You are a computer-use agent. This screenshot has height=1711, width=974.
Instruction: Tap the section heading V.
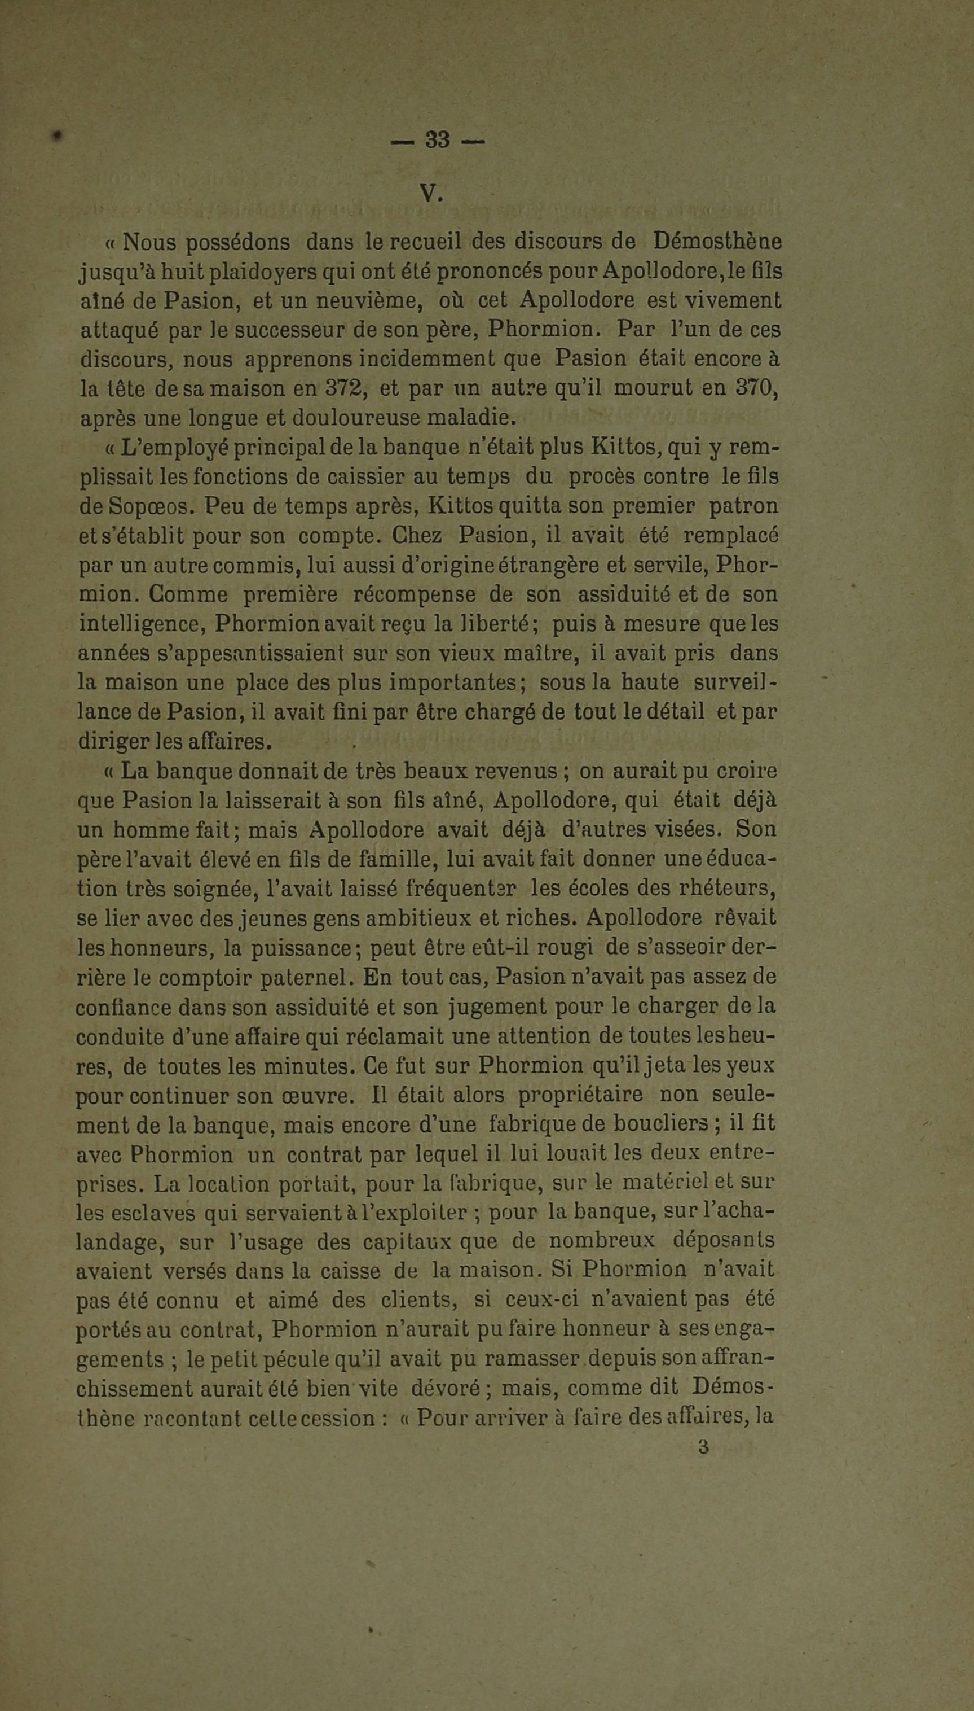(431, 194)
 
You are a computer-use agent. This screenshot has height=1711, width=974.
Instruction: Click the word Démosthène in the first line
(717, 241)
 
